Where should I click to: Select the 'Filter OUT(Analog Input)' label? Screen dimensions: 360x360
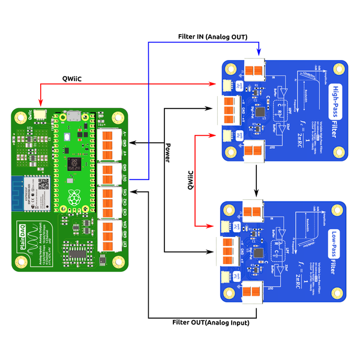(206, 323)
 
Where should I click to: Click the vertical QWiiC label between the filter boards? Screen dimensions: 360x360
(191, 180)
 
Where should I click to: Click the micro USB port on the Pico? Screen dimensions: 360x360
(73, 116)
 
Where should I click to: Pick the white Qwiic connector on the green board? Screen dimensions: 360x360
(40, 115)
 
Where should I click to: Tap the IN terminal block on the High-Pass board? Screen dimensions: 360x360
(256, 68)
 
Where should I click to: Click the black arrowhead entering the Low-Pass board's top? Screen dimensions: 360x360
(257, 193)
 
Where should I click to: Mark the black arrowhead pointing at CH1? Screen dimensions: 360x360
(133, 191)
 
